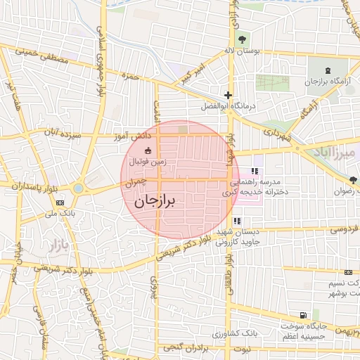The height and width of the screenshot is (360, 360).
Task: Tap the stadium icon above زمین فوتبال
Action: coord(148,150)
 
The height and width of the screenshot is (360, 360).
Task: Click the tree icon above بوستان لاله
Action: coord(243,39)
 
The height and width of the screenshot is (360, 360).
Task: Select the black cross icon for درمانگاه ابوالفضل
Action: coord(227,95)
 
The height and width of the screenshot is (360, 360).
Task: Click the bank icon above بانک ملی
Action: coord(59,202)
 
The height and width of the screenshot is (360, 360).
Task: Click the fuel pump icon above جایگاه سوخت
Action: coord(302,315)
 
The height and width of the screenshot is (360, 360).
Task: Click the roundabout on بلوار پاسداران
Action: coord(77,188)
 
